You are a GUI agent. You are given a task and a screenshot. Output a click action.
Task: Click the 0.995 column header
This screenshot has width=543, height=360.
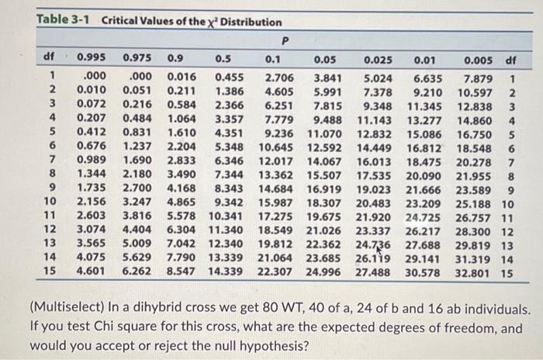coord(92,58)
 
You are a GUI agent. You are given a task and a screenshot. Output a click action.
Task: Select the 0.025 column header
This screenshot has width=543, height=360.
coord(377,58)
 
